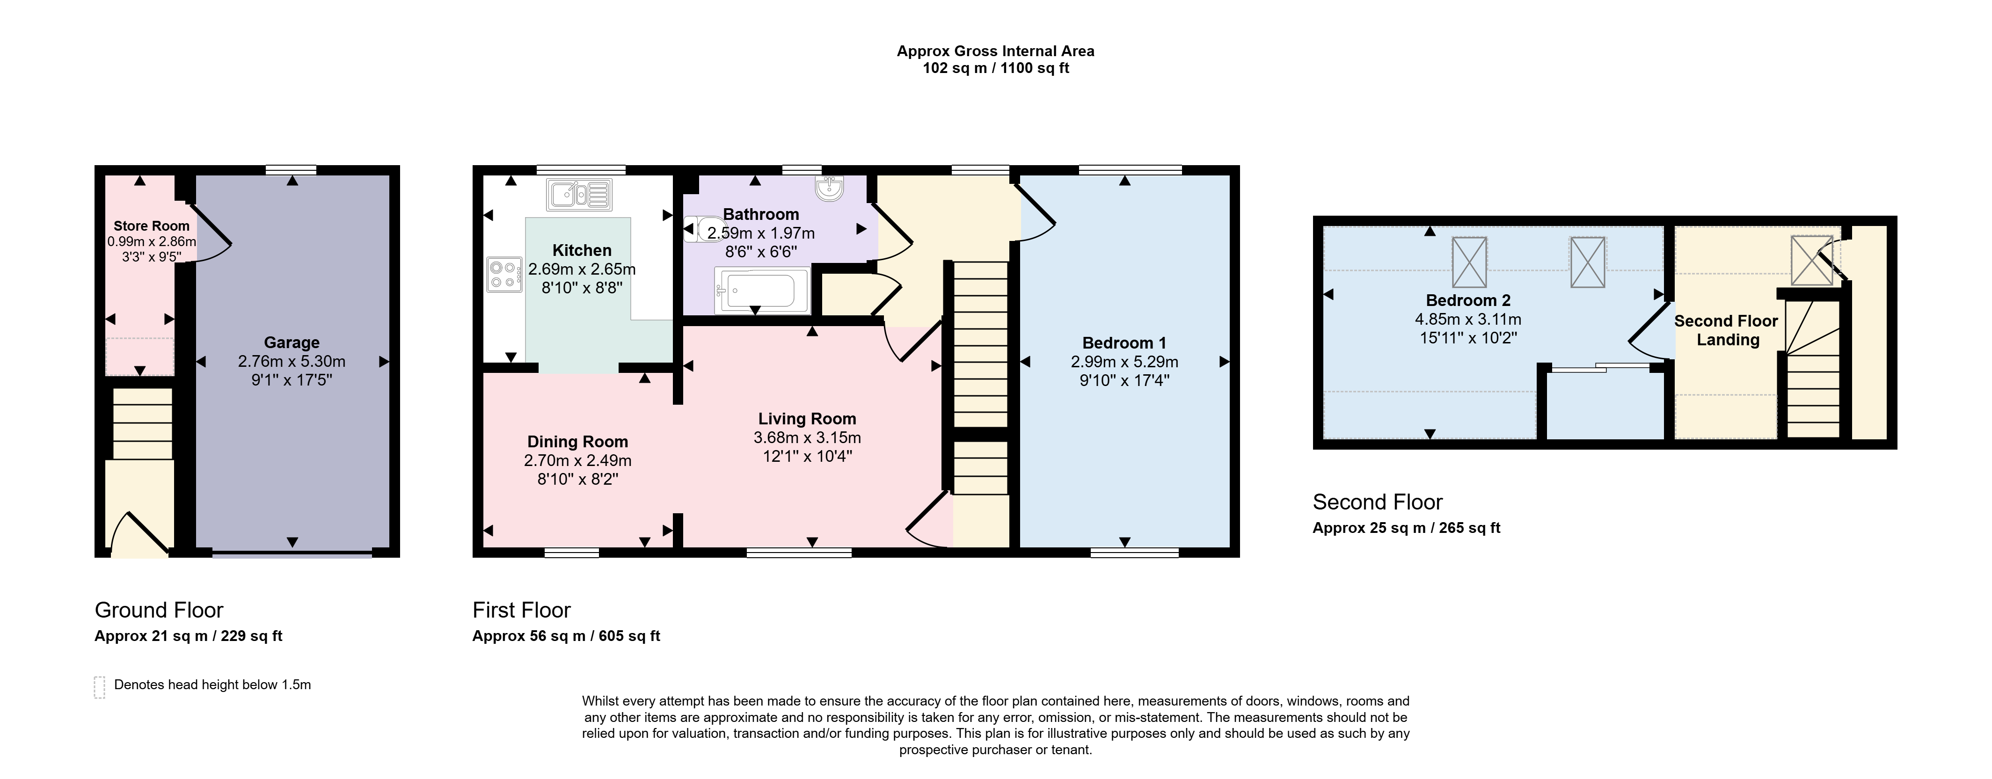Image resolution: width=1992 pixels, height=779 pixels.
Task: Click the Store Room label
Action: pos(152,226)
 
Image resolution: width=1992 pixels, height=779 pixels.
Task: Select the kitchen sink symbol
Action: pos(579,195)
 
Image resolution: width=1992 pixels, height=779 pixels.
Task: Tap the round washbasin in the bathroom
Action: pos(830,187)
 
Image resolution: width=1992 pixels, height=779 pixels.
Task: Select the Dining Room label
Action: pos(577,442)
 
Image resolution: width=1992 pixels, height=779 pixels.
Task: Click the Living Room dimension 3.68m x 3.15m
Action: pos(807,437)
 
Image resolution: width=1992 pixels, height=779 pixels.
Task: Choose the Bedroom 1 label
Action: pos(1124,343)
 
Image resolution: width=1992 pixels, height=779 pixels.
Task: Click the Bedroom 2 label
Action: pos(1468,301)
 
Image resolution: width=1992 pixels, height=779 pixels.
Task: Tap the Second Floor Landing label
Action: pos(1726,331)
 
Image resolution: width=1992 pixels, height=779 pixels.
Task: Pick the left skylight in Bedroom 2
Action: pos(1469,262)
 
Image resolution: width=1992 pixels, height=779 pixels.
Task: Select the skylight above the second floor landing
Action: pos(1812,261)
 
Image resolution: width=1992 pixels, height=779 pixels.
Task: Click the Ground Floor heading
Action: pos(159,611)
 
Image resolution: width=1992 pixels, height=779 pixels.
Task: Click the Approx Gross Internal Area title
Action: pos(995,51)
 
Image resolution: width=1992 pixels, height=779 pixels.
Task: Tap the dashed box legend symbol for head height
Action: pos(99,687)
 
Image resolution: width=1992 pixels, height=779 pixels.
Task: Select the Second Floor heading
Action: pos(1377,502)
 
